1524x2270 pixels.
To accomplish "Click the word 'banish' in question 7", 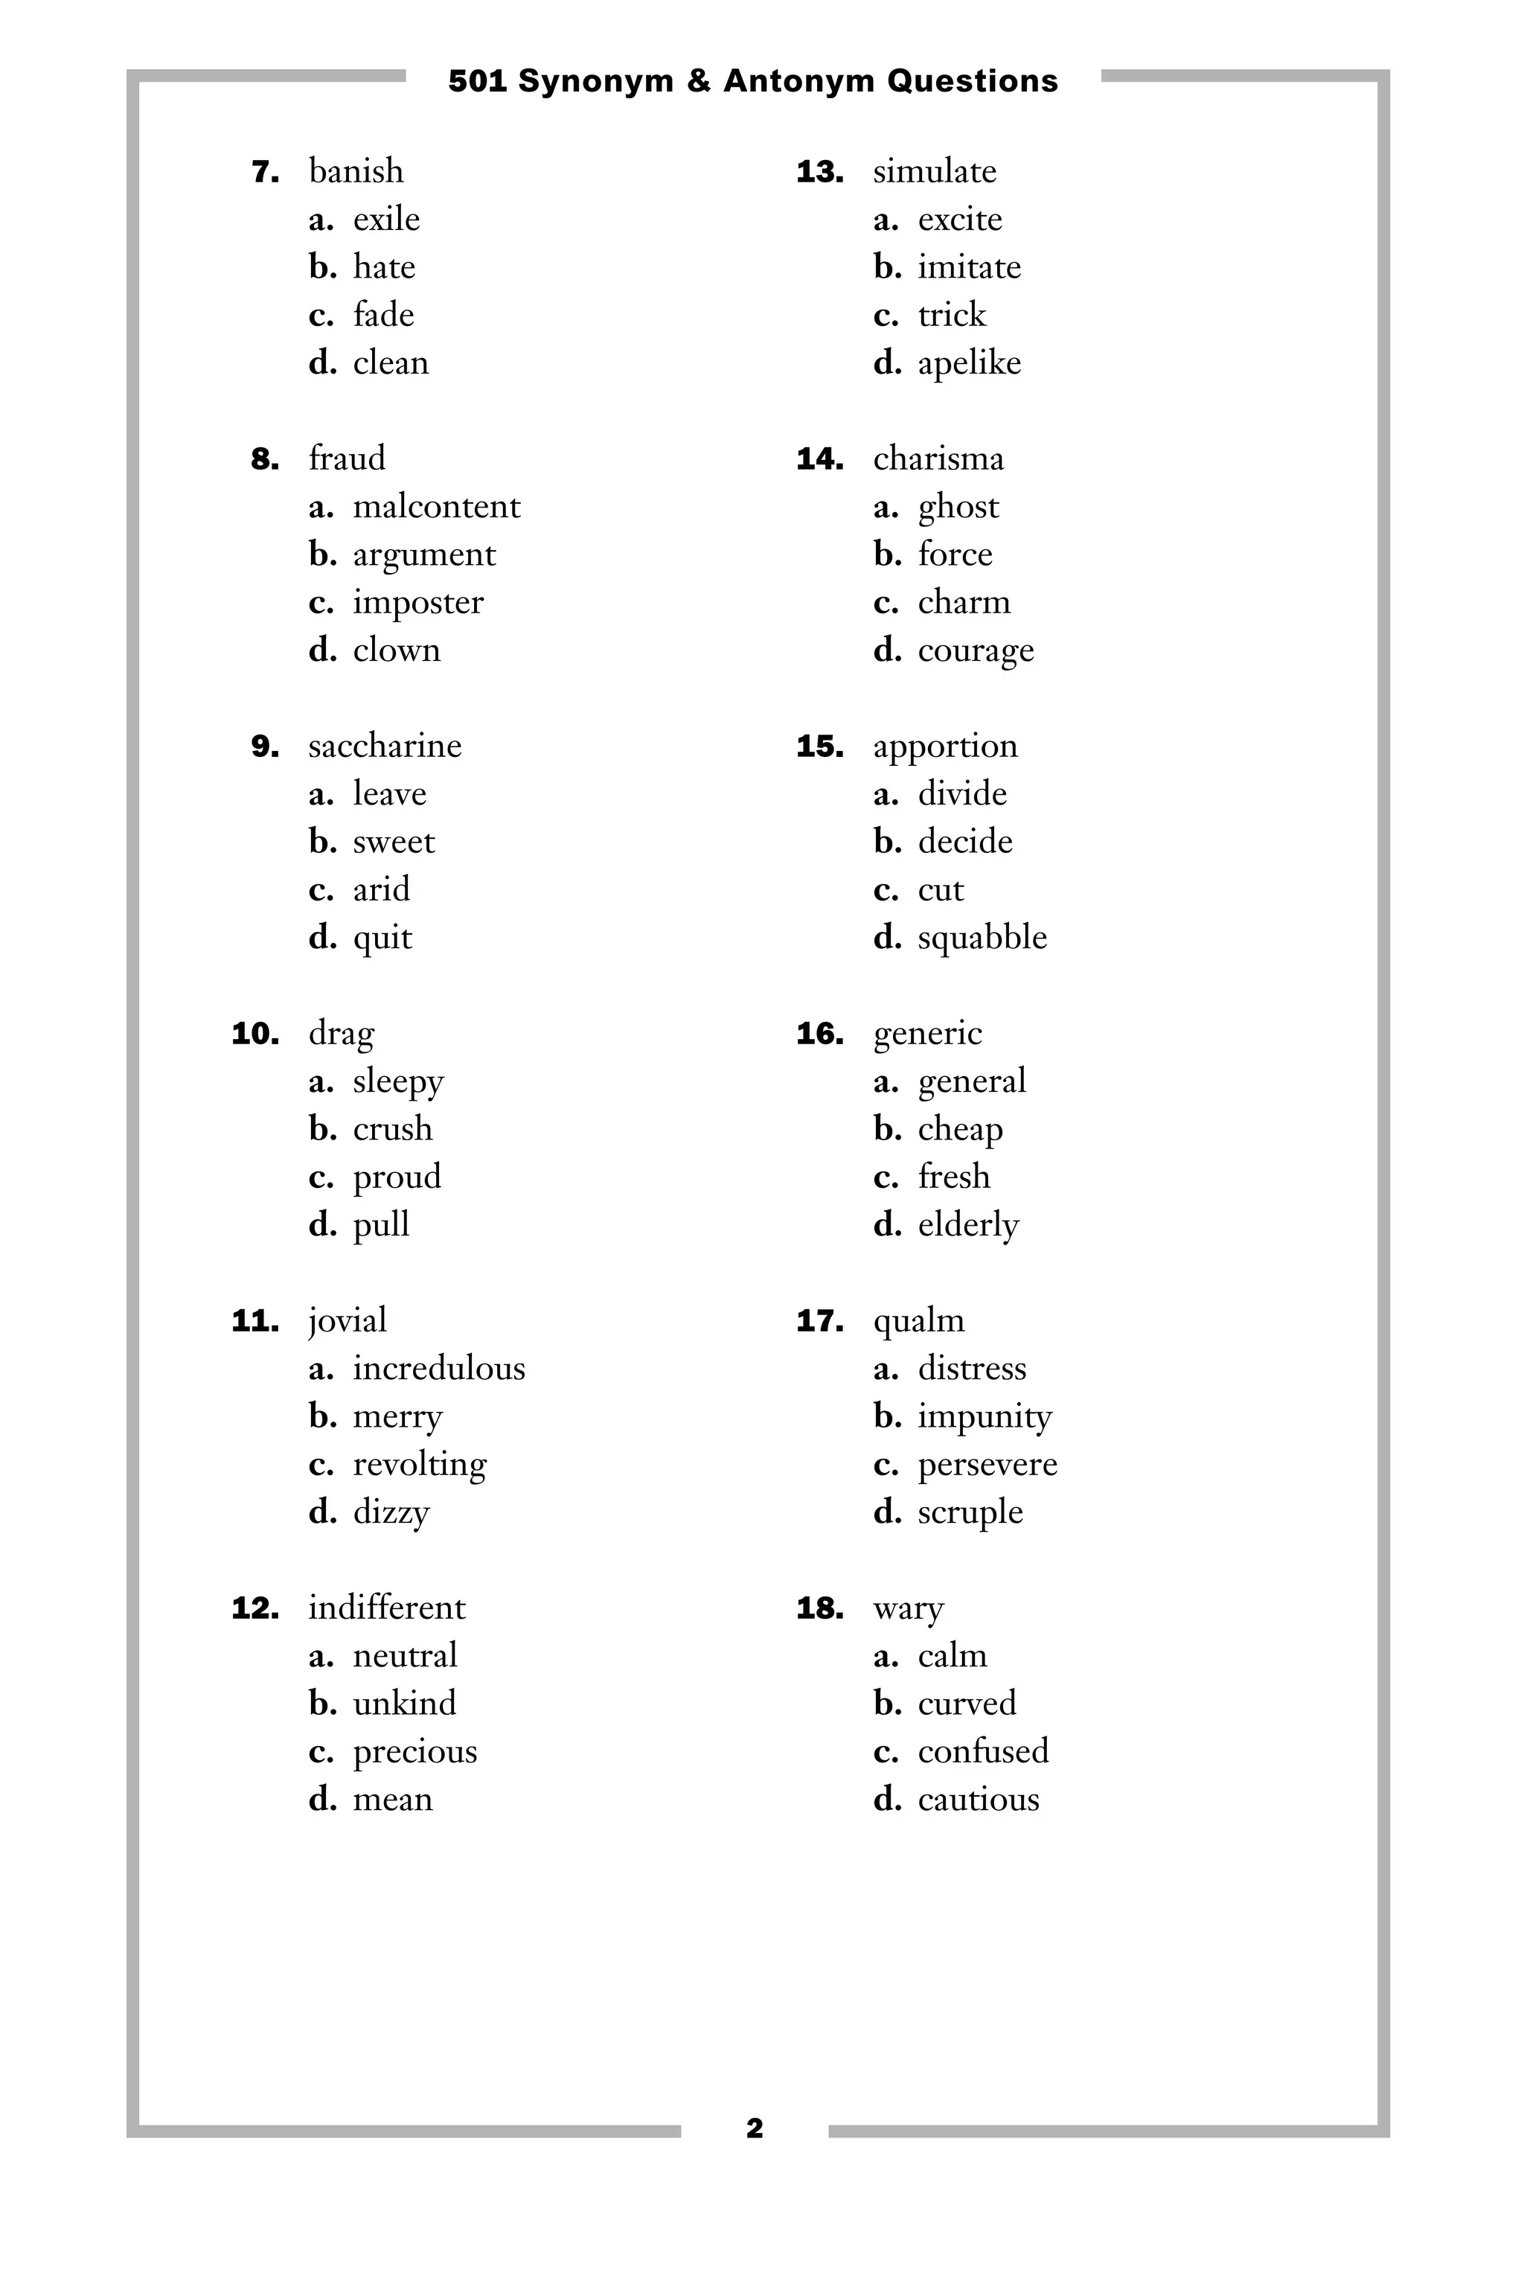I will point(356,171).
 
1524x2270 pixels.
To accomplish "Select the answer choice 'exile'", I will point(386,219).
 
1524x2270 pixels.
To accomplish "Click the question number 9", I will point(264,746).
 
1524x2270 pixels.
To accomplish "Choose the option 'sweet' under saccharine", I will point(393,841).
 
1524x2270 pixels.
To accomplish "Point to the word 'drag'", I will point(341,1034).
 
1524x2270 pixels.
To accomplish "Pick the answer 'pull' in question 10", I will point(381,1224).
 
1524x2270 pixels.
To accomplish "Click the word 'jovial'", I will point(347,1320).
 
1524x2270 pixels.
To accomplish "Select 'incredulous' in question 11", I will point(438,1368).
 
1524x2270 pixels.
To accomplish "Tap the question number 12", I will point(254,1608).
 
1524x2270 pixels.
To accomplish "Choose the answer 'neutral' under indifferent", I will point(404,1654).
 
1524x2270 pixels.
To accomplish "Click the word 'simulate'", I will point(934,171).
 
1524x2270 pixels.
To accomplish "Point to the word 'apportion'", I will point(945,746).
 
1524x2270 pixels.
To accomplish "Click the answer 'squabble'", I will point(982,937).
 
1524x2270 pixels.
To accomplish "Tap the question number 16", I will point(819,1034).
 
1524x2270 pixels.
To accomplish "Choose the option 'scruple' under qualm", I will point(970,1512).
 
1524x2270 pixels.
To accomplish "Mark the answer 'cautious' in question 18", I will point(978,1800).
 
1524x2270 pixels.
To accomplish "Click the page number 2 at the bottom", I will point(755,2129).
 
